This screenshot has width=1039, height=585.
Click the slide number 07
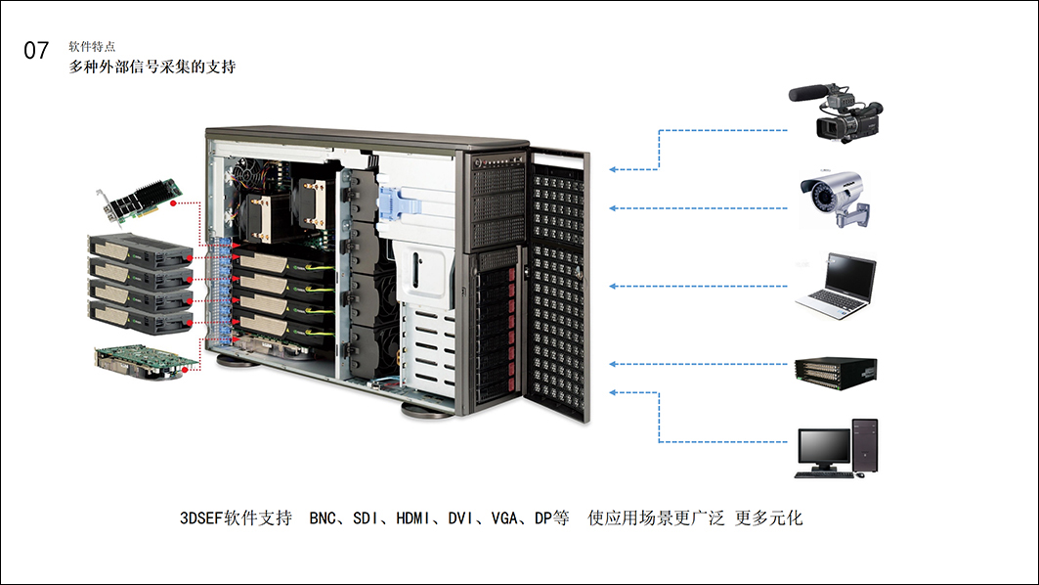point(36,51)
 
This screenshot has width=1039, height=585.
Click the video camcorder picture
point(837,112)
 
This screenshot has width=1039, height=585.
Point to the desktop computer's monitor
point(823,447)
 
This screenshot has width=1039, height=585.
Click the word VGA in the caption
point(505,518)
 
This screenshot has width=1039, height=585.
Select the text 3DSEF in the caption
point(202,518)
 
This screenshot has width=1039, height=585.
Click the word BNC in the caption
point(324,518)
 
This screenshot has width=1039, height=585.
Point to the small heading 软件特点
point(92,46)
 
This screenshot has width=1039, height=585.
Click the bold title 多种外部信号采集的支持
point(152,67)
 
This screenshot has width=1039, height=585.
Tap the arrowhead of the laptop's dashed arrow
point(613,286)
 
